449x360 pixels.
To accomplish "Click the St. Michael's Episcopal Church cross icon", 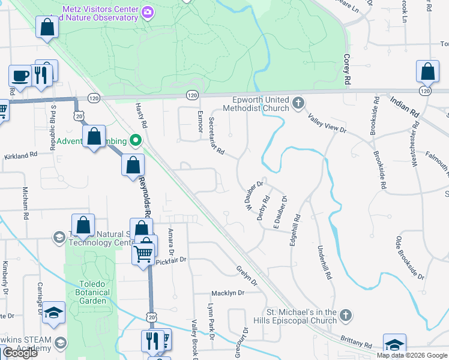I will click(x=345, y=315).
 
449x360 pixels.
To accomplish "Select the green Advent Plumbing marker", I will click(x=136, y=142).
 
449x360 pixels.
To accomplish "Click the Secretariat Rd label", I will click(x=215, y=136).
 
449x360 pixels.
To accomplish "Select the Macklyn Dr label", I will click(x=228, y=293).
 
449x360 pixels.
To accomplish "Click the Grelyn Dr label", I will click(x=247, y=275).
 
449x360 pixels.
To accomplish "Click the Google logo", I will click(x=20, y=353).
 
